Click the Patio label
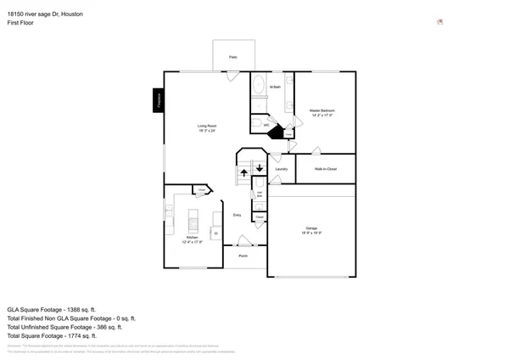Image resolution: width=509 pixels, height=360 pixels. [233, 57]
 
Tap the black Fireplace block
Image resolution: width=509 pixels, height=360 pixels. [158, 100]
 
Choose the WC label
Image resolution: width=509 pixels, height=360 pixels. [266, 125]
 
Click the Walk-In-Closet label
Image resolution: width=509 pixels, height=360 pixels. [326, 169]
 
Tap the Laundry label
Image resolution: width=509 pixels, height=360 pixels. [282, 169]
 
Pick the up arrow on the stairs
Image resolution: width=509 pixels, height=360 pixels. [244, 172]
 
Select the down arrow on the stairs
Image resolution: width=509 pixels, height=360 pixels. [260, 167]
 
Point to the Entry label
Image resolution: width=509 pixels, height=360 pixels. [238, 215]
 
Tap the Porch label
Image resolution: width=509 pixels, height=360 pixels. [243, 255]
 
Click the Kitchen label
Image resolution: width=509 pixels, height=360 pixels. [192, 239]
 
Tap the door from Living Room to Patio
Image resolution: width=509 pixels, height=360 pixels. [232, 76]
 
